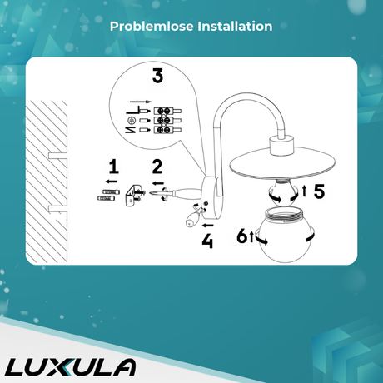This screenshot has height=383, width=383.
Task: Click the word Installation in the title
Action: point(235,27)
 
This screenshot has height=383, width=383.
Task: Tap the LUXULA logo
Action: point(70,367)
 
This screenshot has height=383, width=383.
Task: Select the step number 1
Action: point(113,167)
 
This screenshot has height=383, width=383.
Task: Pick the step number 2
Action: point(157,167)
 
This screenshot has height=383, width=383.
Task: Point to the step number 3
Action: point(157,76)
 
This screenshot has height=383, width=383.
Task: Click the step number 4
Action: point(207,241)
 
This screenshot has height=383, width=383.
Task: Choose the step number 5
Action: point(319,191)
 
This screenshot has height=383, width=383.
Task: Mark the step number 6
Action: point(241,236)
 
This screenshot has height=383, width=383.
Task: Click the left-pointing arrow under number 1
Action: point(112,182)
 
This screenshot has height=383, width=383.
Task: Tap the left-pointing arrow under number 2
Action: point(158,183)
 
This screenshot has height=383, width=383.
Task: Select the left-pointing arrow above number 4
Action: point(208,226)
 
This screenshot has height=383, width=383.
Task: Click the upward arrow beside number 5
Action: point(305,191)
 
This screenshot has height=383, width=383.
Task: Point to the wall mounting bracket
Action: point(132,196)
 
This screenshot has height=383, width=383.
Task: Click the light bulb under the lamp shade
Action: point(283,192)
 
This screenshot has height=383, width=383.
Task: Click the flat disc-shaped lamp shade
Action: point(282,165)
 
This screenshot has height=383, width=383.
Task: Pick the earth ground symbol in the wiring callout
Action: point(132,121)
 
